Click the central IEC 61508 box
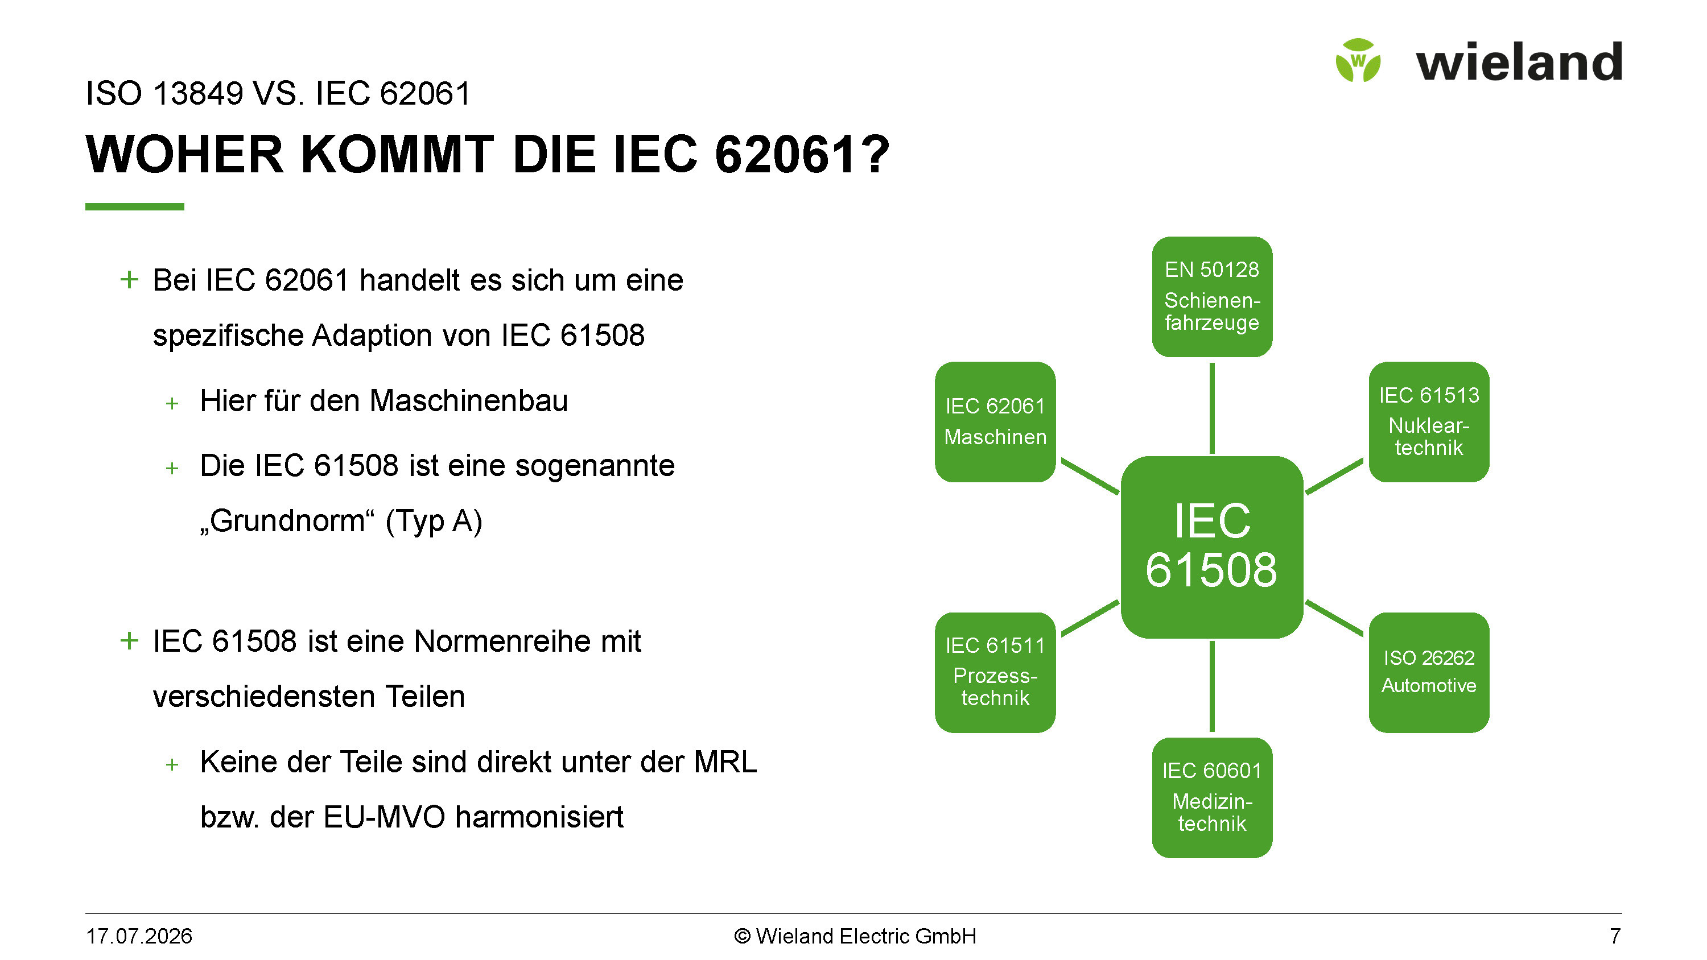click(1212, 547)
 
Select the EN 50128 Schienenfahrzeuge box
click(1212, 296)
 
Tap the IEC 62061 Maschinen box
click(995, 421)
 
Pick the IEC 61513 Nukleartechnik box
click(1429, 421)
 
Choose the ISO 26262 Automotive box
click(1429, 672)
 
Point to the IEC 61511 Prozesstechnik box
click(995, 672)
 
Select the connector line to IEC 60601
click(1212, 686)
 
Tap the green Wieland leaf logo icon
click(1358, 60)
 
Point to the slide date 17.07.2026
click(139, 936)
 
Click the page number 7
click(1615, 936)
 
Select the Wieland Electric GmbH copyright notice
click(855, 936)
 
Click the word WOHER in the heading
click(185, 154)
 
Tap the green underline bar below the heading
click(134, 206)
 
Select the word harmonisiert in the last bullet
click(539, 816)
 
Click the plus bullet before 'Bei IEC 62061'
click(129, 280)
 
